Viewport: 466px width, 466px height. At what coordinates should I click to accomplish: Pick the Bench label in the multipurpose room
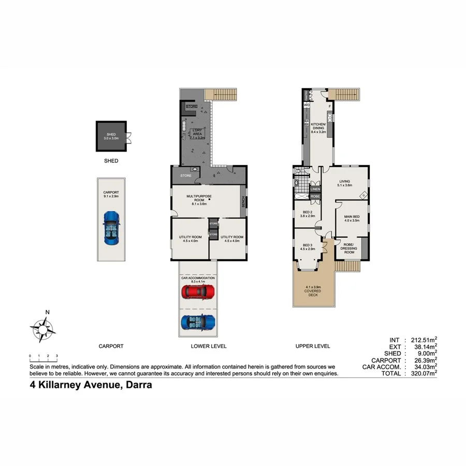point(242,200)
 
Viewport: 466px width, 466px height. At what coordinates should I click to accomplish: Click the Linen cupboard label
point(315,190)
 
